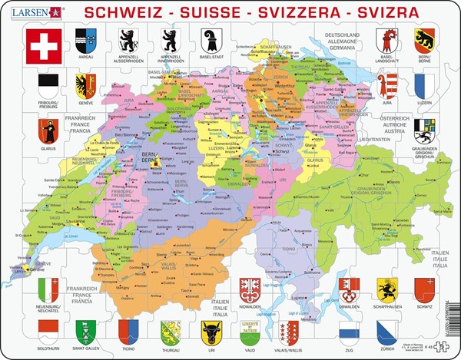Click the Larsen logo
[28, 12]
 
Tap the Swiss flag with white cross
[42, 45]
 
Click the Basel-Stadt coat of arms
[205, 40]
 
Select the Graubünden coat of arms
[424, 128]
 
